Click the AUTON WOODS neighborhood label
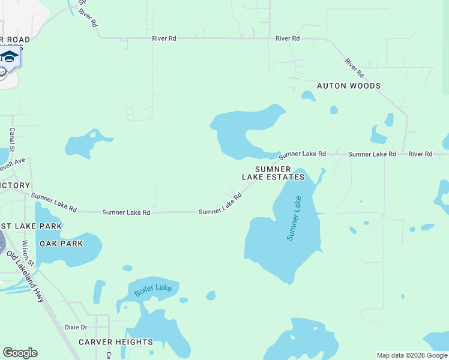(348, 86)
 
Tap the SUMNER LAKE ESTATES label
(273, 173)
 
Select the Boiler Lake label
(152, 289)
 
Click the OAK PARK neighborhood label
(61, 244)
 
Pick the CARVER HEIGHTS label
(116, 342)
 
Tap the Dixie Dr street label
(76, 328)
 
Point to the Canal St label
(11, 139)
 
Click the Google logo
(20, 353)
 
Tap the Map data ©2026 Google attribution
(412, 355)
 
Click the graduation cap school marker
(9, 58)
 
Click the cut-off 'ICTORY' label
(15, 185)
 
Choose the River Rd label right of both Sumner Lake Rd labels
(420, 154)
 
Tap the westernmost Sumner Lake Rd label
(54, 203)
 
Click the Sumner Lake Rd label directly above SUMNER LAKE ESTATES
(302, 154)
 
